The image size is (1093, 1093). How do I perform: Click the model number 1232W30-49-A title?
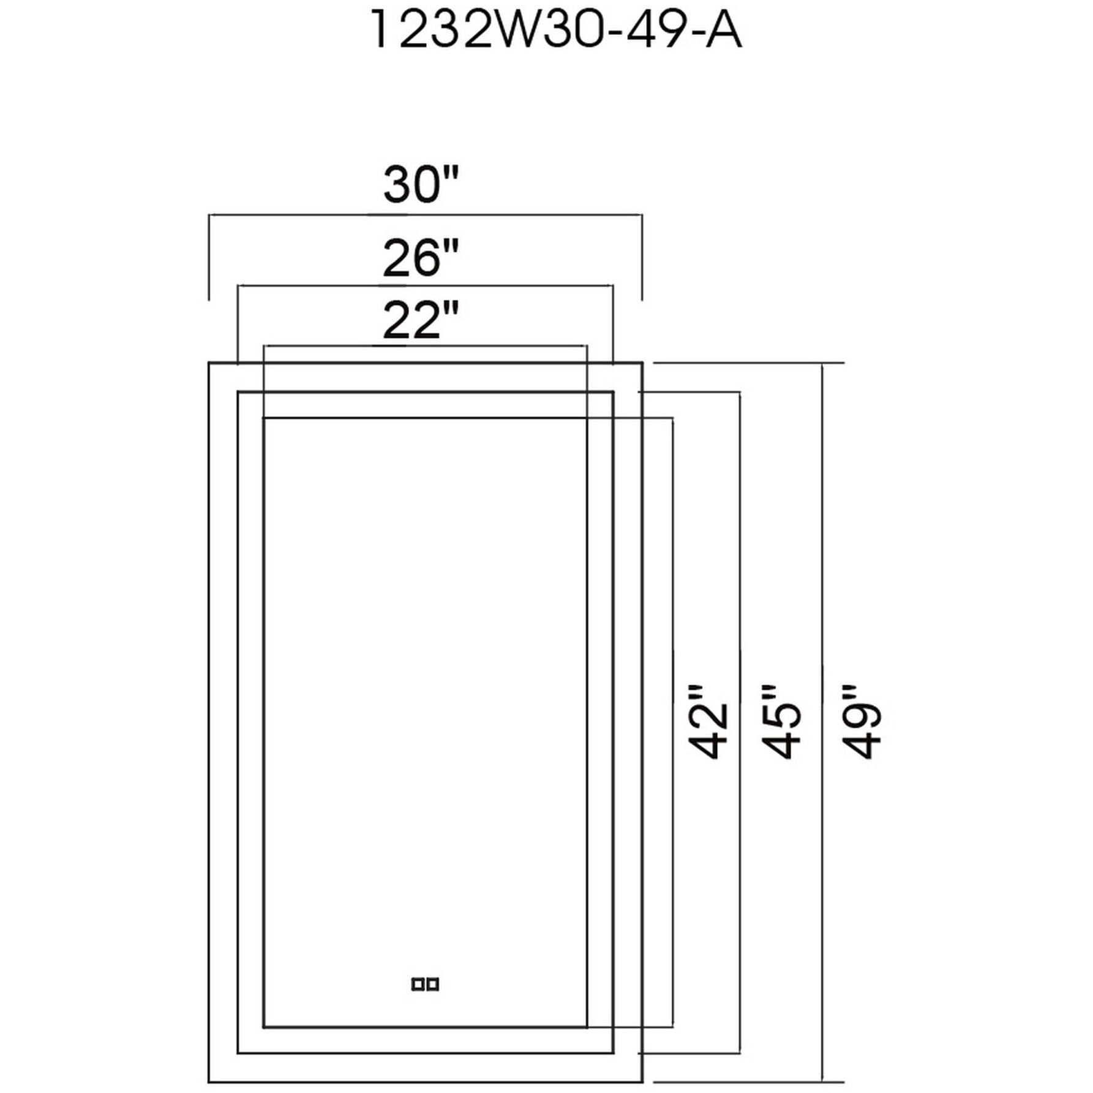tap(556, 31)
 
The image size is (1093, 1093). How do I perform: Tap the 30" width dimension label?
tap(420, 185)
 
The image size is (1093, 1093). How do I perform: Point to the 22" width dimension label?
tap(420, 320)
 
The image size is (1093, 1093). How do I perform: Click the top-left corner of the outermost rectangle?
tap(209, 363)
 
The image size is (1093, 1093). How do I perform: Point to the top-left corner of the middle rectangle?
tap(238, 392)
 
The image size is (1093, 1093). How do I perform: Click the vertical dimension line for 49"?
tap(822, 551)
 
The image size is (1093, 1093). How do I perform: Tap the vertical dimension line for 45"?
tap(740, 551)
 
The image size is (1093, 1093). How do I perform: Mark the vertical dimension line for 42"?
tap(673, 551)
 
